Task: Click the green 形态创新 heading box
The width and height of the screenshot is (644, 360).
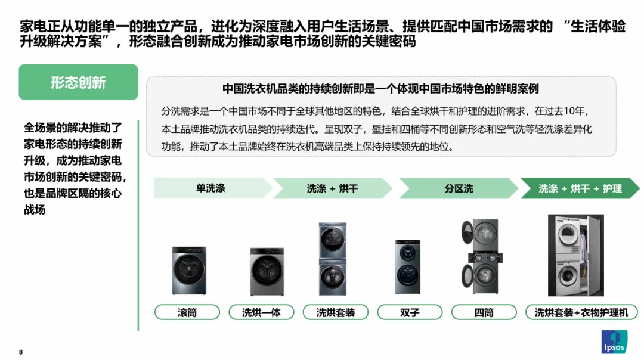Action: [78, 82]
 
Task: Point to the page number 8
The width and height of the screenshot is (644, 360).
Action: [21, 352]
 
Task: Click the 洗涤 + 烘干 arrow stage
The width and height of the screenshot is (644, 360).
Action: [332, 188]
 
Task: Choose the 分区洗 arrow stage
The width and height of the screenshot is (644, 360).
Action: [458, 188]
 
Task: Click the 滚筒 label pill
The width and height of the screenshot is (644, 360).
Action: [187, 312]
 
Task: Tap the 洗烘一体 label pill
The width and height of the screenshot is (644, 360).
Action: [261, 312]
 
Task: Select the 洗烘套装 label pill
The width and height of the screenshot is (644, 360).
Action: [335, 312]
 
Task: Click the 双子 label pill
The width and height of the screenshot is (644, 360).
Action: [410, 312]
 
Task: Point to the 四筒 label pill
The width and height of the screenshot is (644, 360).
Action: [484, 312]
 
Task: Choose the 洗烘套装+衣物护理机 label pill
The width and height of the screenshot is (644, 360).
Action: [581, 312]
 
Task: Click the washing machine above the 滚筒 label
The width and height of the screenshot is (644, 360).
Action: [190, 272]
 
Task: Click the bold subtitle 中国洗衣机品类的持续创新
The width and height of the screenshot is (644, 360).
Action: [380, 89]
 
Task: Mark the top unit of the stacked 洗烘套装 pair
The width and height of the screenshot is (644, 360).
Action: [333, 240]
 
